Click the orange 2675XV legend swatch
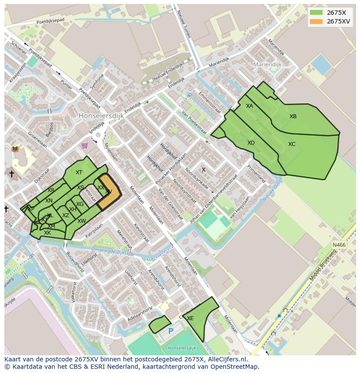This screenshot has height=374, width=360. pos(316,21)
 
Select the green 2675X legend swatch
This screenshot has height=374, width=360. pos(316,13)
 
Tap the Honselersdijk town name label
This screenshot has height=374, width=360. pos(101,116)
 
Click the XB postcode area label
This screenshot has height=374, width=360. pos(293,116)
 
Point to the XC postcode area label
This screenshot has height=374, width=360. pos(292,144)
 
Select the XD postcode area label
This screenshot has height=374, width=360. pos(251,143)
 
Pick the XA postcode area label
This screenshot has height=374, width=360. pos(250,106)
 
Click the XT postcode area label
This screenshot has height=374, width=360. pos(79,172)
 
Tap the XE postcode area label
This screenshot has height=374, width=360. pos(190,318)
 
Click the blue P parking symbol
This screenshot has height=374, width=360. pos(171,331)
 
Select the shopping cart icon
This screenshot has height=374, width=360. pos(84,146)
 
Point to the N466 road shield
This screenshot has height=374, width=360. pos(339,245)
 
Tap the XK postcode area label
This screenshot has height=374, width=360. pos(47,233)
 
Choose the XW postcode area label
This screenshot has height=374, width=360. pos(81,221)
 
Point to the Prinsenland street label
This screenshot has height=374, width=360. pos(256,173)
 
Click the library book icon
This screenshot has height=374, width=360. pos(15,149)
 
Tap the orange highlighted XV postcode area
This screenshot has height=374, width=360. pos(108,193)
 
